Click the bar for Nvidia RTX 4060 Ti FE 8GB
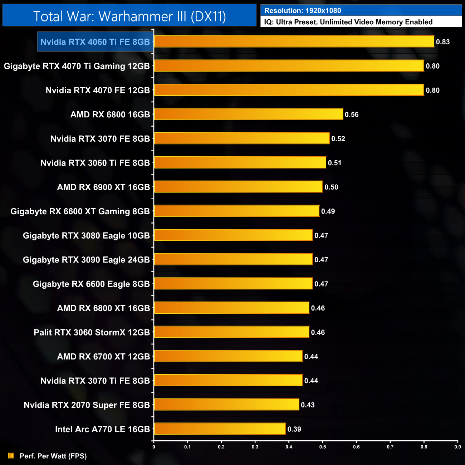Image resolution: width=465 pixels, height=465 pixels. [x=294, y=41]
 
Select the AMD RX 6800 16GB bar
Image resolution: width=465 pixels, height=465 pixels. [x=249, y=114]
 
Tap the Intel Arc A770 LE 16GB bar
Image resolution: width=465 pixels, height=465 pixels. [x=220, y=429]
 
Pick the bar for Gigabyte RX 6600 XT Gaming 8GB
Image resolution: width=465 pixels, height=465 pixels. [x=236, y=211]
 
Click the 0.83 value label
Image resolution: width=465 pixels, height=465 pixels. [x=443, y=42]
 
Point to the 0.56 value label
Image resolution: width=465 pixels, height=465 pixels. [x=352, y=114]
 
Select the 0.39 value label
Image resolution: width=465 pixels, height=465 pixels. [x=294, y=429]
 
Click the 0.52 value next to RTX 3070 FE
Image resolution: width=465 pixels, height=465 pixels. [x=338, y=139]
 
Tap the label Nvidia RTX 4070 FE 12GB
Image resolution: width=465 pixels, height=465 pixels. [x=98, y=90]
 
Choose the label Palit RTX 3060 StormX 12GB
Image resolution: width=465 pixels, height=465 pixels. [x=92, y=332]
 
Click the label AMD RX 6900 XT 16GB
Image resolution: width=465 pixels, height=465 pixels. [x=103, y=187]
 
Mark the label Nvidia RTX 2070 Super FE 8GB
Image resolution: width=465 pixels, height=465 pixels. [x=87, y=405]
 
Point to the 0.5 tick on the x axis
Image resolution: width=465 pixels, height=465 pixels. [x=323, y=446]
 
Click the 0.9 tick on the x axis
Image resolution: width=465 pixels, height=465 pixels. [x=457, y=446]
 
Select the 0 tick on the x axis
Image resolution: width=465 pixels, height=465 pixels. [x=154, y=446]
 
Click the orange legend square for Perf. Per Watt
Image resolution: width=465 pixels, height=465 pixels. [x=11, y=455]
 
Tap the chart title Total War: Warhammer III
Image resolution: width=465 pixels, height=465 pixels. [x=129, y=16]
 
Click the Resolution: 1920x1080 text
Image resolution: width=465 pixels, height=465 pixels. [x=303, y=11]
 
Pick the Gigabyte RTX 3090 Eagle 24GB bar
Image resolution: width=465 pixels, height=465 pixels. [x=233, y=259]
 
